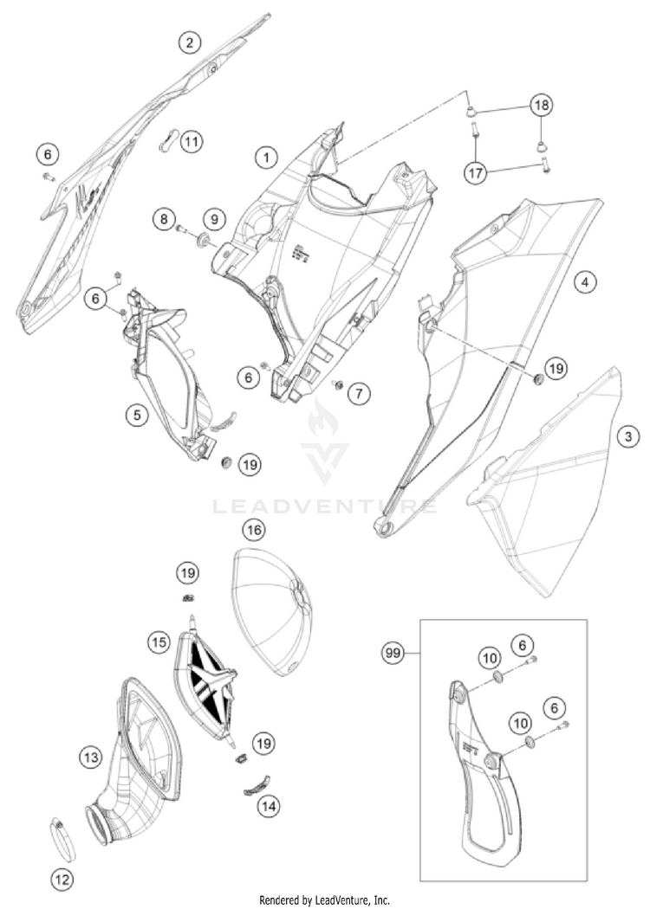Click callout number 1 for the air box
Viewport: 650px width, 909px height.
(266, 157)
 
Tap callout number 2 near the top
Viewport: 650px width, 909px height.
(189, 41)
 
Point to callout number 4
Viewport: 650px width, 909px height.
(587, 281)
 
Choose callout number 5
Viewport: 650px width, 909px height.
(136, 415)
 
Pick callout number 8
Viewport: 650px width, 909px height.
(162, 220)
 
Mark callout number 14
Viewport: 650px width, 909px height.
(269, 806)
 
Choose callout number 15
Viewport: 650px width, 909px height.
(158, 642)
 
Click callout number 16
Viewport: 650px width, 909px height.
(253, 528)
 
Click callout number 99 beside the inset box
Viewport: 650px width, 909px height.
(394, 653)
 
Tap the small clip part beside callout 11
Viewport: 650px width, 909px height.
(169, 141)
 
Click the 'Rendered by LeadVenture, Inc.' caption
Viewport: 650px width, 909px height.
(324, 899)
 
